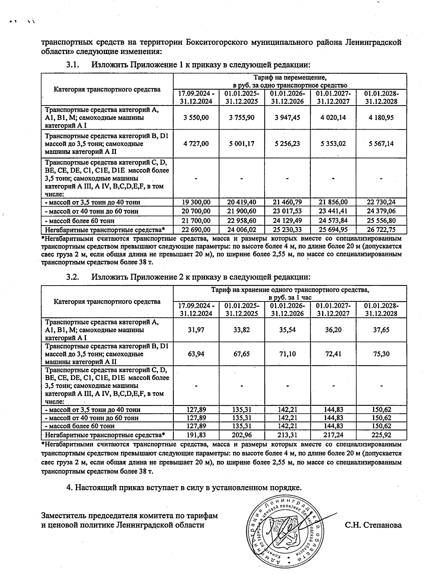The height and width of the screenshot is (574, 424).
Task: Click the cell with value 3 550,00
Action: (196, 118)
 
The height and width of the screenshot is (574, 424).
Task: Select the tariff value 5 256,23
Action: (287, 144)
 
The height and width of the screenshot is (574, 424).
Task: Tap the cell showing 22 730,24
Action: (381, 202)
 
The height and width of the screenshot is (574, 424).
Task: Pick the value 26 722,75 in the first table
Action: (381, 230)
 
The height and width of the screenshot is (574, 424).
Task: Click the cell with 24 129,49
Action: (287, 221)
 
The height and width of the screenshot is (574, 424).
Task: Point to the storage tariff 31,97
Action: (196, 330)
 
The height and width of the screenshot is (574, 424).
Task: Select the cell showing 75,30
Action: (381, 354)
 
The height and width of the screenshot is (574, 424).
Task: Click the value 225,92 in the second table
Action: (381, 435)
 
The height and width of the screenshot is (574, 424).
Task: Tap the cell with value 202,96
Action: (242, 435)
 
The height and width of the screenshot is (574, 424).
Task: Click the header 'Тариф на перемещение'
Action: (290, 77)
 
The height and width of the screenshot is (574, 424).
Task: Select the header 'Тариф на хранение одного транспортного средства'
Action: (290, 290)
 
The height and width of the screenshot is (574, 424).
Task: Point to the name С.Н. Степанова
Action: (373, 525)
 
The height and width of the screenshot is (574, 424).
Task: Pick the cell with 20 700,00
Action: (196, 211)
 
